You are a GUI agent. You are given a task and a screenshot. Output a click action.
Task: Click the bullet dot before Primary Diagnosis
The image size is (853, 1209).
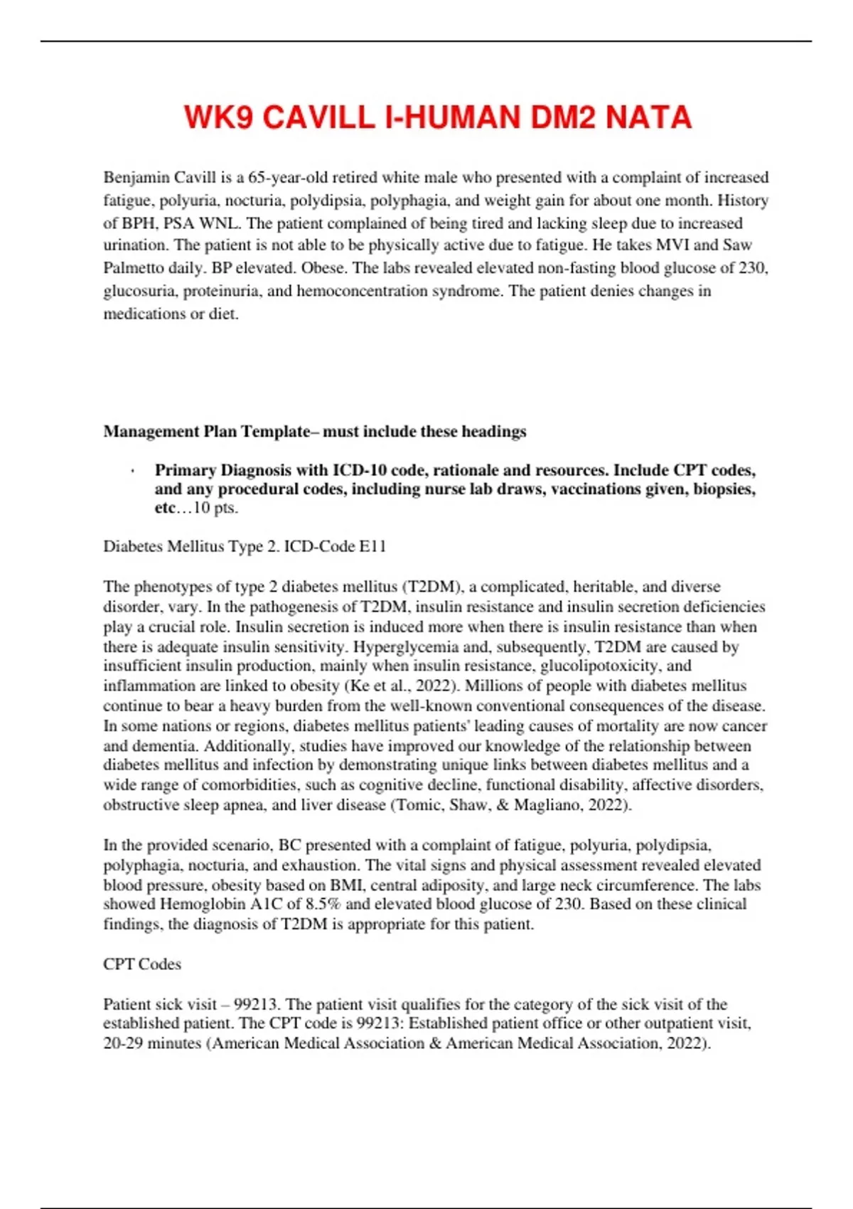point(133,471)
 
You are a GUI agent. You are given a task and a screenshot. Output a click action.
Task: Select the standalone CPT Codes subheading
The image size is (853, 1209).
point(142,964)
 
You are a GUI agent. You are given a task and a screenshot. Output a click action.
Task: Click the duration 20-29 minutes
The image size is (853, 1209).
point(152,1043)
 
